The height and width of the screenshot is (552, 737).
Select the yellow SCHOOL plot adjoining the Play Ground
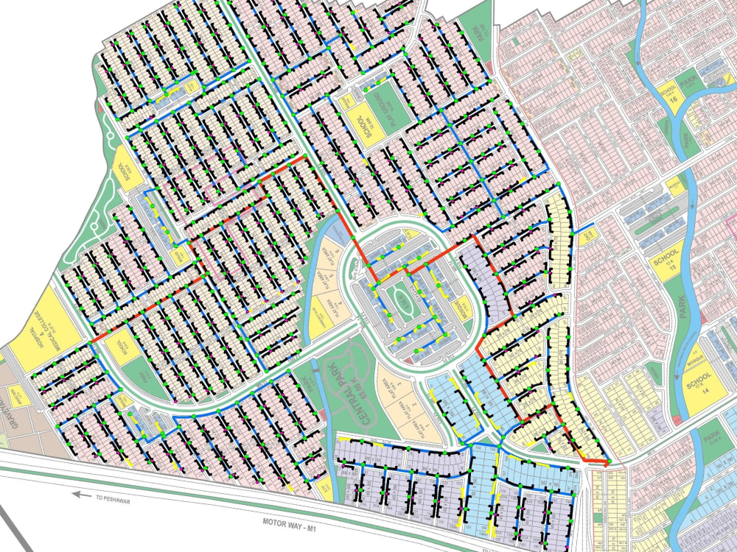point(361,118)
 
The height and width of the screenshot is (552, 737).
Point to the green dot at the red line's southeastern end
point(608,461)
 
